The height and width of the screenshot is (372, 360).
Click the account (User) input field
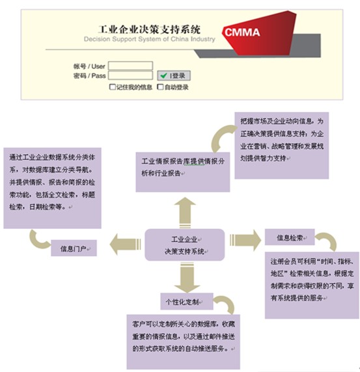click(130, 66)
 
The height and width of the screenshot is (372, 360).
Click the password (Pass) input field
click(130, 75)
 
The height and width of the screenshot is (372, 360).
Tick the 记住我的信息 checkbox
click(113, 87)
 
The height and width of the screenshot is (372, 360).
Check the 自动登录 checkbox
click(160, 87)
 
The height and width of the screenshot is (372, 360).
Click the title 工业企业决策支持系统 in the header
click(149, 29)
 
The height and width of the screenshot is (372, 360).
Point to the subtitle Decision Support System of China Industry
click(149, 39)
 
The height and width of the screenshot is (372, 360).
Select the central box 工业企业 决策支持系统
click(185, 245)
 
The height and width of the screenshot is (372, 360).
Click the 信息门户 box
click(74, 248)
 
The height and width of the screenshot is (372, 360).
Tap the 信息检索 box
click(290, 237)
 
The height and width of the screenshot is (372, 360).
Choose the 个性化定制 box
click(187, 302)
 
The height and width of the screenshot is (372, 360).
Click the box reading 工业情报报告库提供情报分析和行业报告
click(183, 172)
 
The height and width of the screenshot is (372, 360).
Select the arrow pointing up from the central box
click(185, 212)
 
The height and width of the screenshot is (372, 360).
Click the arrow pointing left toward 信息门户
click(126, 245)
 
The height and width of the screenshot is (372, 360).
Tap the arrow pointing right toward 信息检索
click(245, 240)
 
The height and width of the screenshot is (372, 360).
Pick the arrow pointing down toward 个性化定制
click(187, 277)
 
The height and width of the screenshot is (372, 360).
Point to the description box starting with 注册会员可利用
click(312, 285)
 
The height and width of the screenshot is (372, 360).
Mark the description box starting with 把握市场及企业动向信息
click(282, 146)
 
